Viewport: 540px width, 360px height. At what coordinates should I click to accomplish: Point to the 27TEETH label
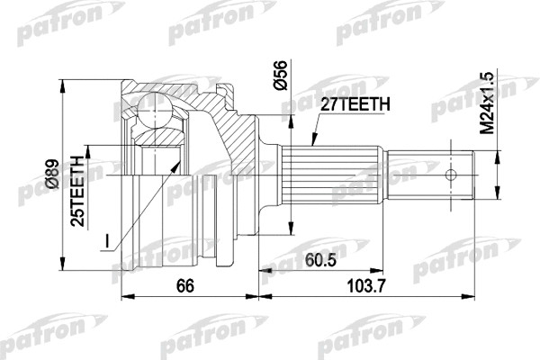[x=355, y=106]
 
